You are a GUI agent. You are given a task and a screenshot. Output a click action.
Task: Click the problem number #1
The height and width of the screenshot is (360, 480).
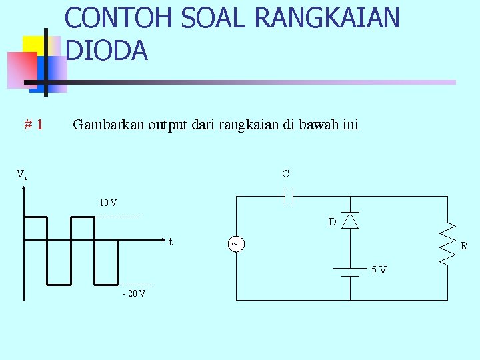pos(34,124)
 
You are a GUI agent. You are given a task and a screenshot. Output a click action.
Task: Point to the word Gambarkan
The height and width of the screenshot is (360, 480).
pos(106,124)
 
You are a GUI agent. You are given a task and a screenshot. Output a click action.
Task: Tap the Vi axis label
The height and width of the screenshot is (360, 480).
pos(22,175)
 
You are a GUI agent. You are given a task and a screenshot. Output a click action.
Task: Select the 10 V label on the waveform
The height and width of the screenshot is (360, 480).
pos(108,203)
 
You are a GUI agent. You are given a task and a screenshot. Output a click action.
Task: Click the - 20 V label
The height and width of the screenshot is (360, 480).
pos(134,293)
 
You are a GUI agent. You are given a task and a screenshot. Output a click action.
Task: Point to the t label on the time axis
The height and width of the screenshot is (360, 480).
pos(171,242)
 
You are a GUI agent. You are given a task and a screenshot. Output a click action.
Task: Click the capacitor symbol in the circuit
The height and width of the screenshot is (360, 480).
pos(289,196)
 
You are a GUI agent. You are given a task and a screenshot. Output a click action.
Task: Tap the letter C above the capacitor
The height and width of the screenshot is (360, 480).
pos(285,174)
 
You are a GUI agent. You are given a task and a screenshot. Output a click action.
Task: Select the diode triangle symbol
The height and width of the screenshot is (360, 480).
pos(350,221)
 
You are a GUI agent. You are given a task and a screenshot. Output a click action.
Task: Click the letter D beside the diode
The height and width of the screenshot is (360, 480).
pos(331,222)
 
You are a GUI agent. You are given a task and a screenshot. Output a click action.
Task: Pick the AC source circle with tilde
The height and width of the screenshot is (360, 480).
pos(235,245)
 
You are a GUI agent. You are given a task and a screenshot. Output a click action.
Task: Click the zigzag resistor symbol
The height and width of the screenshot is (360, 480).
pos(447,245)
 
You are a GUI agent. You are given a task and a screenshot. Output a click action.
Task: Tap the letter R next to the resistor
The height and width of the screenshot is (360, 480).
pos(464,246)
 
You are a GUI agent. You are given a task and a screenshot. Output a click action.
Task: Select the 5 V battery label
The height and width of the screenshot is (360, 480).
pos(379,269)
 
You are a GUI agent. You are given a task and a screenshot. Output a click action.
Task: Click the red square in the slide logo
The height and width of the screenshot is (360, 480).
pos(21,69)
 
